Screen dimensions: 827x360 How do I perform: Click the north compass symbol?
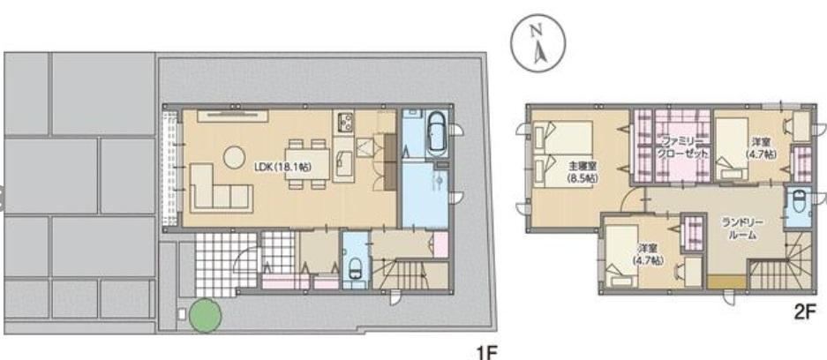pos(538,41)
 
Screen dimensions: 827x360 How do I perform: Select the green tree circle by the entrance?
pos(205,315)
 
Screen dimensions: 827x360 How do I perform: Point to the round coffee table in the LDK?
pos(234,156)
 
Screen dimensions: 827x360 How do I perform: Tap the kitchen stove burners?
pos(342,123)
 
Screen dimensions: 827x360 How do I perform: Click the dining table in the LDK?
pos(308,164)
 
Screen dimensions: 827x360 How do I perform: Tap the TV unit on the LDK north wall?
pos(233,116)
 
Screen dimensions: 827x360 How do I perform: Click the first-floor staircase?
pos(410,274)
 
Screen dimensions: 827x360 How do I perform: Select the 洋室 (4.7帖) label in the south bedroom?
pos(648,253)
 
